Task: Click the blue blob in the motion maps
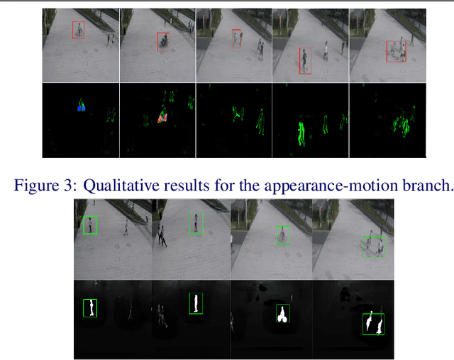(81, 108)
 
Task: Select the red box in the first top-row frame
(78, 30)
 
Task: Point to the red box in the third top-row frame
(237, 38)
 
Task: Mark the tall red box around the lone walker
(304, 61)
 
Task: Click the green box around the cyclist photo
(283, 235)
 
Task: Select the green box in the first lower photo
(89, 225)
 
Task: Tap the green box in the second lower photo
(196, 224)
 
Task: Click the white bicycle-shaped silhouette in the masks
(282, 315)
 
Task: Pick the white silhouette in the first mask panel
(91, 308)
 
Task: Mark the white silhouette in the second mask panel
(194, 303)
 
